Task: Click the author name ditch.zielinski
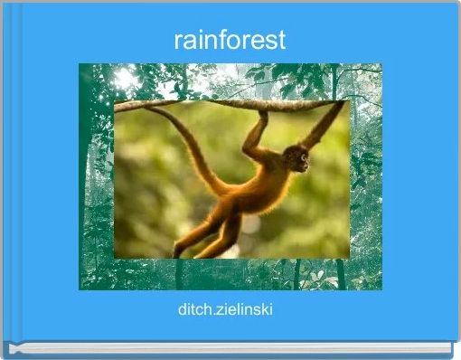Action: click(x=227, y=310)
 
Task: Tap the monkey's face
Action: click(x=298, y=161)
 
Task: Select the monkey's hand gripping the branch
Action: click(x=262, y=115)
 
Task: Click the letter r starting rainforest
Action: click(x=178, y=41)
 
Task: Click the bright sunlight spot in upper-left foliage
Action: click(x=125, y=80)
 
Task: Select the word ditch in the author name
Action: click(x=195, y=310)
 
